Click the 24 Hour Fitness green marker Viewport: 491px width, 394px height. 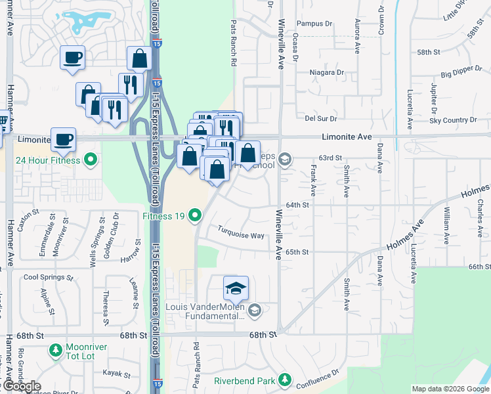[x=92, y=160]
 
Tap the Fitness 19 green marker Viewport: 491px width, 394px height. [x=195, y=215]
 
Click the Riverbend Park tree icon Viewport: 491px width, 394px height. [x=284, y=380]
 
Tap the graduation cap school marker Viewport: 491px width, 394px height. [x=236, y=289]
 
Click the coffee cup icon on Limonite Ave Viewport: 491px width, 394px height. [x=64, y=140]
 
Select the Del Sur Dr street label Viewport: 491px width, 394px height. [x=320, y=119]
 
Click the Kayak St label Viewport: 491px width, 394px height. [x=117, y=373]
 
